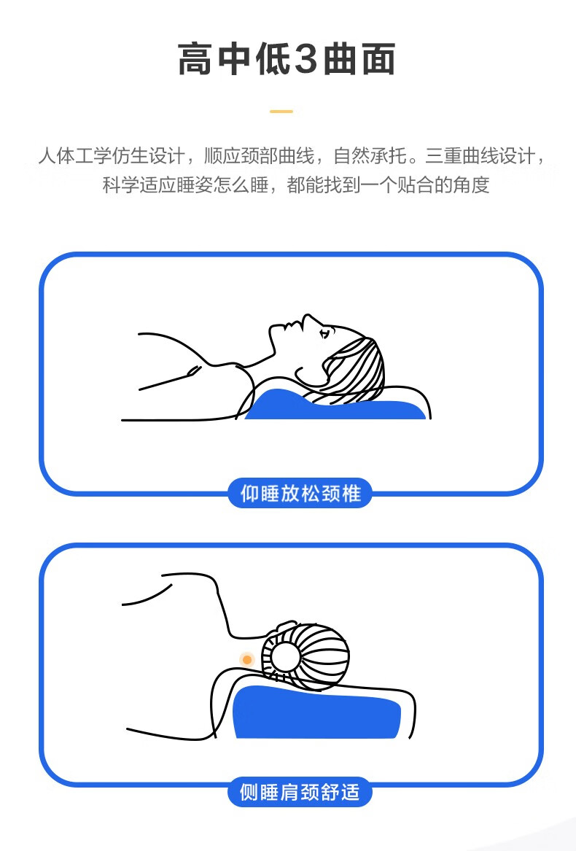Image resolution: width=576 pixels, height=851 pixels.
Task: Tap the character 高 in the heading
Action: (x=195, y=58)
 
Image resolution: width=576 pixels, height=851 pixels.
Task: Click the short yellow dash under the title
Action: (x=281, y=112)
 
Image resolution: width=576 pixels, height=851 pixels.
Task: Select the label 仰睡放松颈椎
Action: (x=300, y=494)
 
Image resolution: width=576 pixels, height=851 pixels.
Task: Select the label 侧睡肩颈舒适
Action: (x=300, y=792)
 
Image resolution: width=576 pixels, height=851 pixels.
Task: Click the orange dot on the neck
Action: (x=247, y=660)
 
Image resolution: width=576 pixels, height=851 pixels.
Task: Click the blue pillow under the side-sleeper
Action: (x=317, y=712)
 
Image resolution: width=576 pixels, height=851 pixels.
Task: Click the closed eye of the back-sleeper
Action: (x=324, y=333)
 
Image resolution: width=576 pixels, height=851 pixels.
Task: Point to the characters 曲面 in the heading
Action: (x=359, y=58)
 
